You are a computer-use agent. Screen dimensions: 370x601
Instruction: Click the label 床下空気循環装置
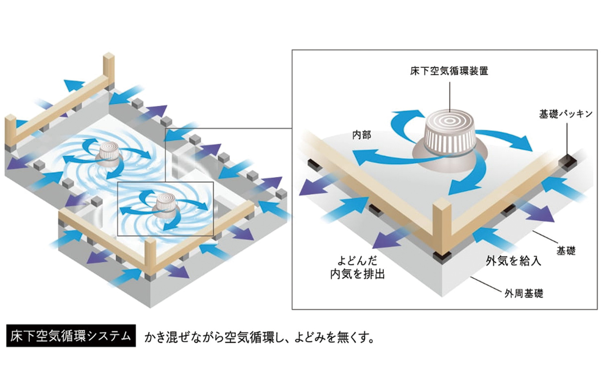point(449,71)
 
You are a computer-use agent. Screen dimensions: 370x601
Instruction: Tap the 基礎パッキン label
point(566,114)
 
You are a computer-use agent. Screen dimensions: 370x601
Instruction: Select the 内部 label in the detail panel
point(361,135)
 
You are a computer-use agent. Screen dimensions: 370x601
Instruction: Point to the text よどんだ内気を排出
point(357,267)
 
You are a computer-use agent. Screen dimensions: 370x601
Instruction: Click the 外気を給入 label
point(513,261)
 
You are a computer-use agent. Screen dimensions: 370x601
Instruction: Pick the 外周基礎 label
point(524,293)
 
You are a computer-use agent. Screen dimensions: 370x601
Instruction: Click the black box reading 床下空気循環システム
point(71,336)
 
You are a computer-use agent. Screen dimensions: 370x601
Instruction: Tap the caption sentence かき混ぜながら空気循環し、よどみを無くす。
point(259,337)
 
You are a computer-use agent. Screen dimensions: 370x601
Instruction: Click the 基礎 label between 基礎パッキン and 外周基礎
point(566,251)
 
